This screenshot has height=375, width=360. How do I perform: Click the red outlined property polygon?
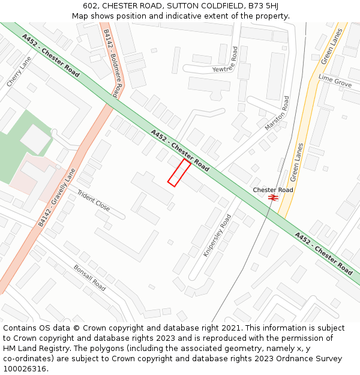[179, 173]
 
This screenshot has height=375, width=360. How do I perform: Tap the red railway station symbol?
[273, 197]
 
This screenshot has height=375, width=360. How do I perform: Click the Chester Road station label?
[273, 190]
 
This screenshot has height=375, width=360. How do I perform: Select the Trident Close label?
[94, 201]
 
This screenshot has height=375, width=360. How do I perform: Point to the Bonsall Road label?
[89, 278]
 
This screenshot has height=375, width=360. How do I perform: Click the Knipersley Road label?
[217, 236]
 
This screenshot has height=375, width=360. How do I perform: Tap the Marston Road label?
[277, 113]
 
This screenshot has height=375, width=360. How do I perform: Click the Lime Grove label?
[335, 81]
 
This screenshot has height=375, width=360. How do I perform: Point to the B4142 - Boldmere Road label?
[110, 63]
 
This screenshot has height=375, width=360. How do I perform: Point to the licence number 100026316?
[26, 368]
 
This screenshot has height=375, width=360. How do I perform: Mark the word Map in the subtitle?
[80, 16]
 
